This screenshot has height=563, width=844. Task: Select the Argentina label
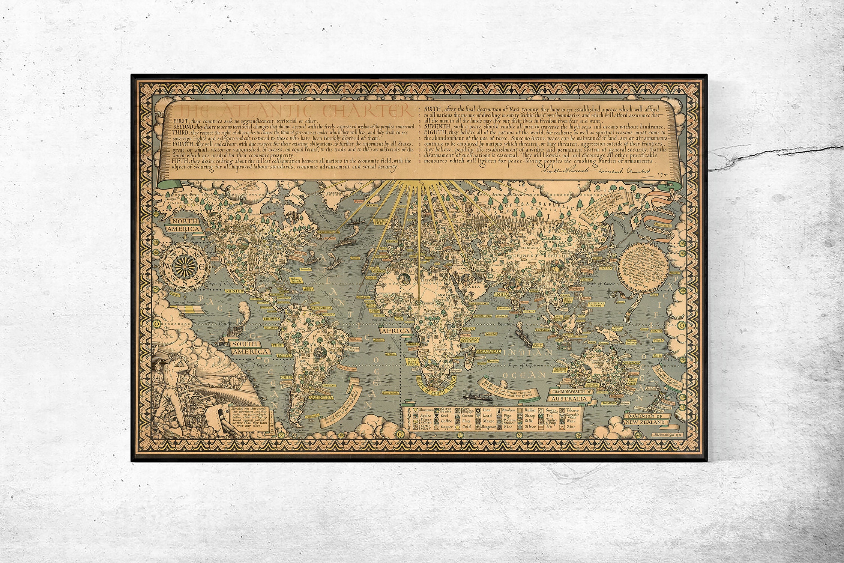(320, 397)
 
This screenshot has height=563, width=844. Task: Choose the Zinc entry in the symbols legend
(571, 427)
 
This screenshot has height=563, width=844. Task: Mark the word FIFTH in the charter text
(180, 161)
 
